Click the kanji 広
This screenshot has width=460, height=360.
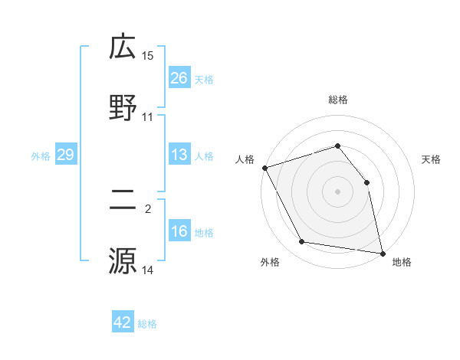[123, 47]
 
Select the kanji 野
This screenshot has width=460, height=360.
[123, 106]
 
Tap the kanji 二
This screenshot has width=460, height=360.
[123, 201]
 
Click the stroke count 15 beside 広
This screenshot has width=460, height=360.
[148, 56]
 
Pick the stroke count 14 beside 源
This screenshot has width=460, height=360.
[148, 270]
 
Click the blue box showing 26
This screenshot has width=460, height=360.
[179, 77]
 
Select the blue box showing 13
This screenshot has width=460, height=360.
[179, 155]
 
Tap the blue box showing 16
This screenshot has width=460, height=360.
[179, 231]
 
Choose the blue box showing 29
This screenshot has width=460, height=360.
[65, 155]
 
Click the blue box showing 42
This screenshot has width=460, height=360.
[123, 322]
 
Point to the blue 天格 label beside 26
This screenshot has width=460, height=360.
[204, 79]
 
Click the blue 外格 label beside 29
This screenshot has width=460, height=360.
[41, 155]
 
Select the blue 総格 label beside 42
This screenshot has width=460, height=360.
[147, 324]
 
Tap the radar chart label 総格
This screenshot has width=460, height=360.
[338, 100]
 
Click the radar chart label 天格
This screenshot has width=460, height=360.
[432, 159]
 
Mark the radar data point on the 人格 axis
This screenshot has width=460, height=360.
[264, 168]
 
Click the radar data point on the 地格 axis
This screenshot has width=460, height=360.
[383, 252]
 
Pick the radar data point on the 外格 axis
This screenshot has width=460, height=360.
[302, 242]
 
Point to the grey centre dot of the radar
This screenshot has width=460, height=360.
[338, 191]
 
